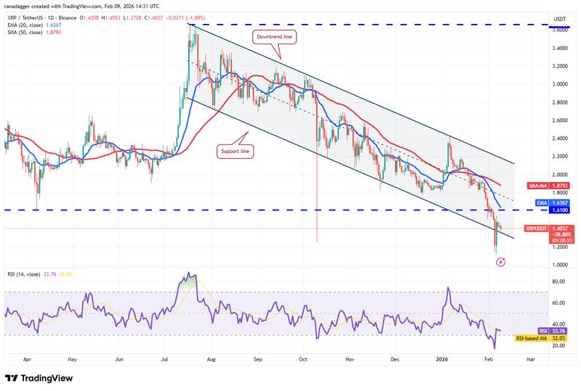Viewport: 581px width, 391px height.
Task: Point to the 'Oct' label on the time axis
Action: click(x=305, y=358)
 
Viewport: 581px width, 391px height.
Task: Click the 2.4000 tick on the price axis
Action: click(x=559, y=139)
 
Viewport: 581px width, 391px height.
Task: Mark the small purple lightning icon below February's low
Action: click(x=500, y=261)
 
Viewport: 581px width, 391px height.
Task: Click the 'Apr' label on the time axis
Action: click(x=28, y=358)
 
